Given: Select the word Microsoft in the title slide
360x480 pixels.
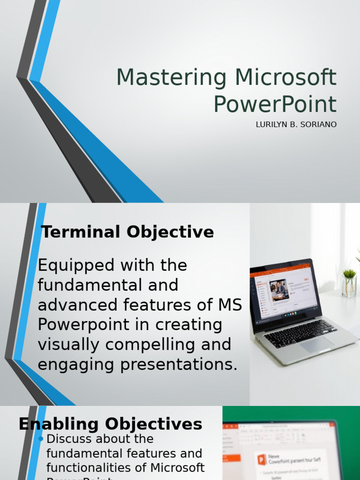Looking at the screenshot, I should [286, 78].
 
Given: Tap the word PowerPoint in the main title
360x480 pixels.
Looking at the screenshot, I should [275, 105].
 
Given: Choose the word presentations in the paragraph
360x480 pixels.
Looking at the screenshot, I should [179, 365].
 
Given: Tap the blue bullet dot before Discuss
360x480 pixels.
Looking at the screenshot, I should [41, 439].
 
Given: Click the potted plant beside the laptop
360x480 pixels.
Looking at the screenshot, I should [349, 283].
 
